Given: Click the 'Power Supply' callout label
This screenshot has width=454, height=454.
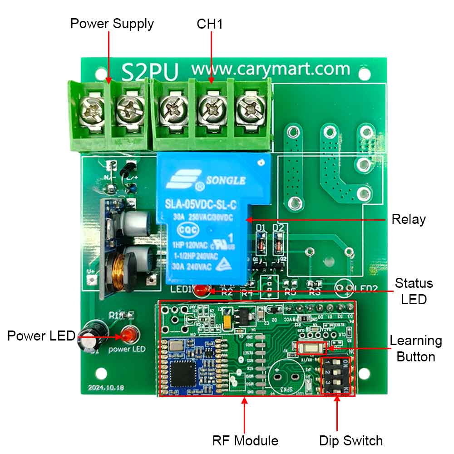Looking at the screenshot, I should click(112, 24).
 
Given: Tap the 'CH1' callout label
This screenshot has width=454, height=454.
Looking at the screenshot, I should click(210, 24).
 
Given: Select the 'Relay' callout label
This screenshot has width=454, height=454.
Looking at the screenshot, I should click(409, 220).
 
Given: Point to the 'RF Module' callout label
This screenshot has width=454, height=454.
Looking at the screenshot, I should click(245, 440).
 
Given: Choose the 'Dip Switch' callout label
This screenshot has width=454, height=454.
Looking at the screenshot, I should click(351, 440).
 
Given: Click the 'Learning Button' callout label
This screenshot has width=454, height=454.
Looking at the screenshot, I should click(416, 348).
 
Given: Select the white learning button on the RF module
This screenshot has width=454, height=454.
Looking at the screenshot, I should click(311, 348).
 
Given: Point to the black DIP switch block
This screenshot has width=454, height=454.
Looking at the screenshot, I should click(337, 375).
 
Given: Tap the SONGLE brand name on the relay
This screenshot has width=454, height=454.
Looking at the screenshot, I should click(226, 181).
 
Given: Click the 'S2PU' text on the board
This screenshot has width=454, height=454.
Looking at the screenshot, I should click(150, 72).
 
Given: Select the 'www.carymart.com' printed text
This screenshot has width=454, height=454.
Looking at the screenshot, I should click(271, 69).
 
